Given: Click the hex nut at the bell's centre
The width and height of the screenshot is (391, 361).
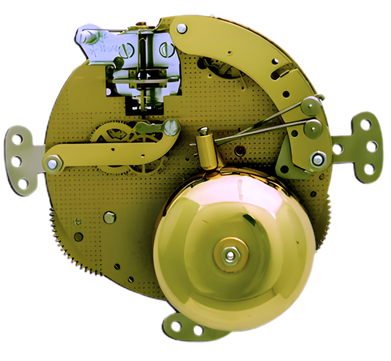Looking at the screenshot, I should (x=230, y=255).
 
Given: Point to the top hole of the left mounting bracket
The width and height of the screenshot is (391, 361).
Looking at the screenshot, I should (x=18, y=139).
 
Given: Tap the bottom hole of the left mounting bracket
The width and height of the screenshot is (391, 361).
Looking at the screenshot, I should (x=22, y=183).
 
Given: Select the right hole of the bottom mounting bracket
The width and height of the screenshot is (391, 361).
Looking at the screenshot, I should (x=198, y=330).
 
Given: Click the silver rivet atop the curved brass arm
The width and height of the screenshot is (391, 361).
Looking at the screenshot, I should (x=181, y=28).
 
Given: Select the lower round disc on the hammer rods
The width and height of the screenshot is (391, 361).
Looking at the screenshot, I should (x=313, y=127).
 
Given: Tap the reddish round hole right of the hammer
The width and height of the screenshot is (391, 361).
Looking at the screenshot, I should (x=239, y=151).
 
